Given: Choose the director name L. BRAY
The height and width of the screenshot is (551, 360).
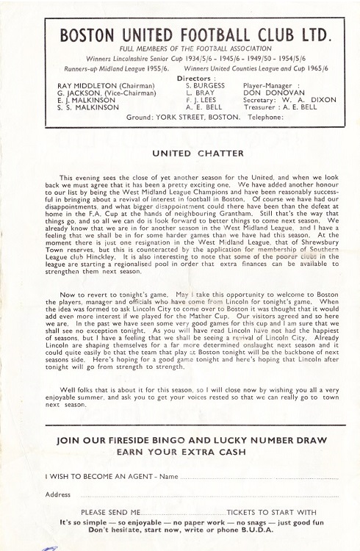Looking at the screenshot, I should point(199,93).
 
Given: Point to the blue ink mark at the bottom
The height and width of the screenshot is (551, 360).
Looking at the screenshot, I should point(50,547).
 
